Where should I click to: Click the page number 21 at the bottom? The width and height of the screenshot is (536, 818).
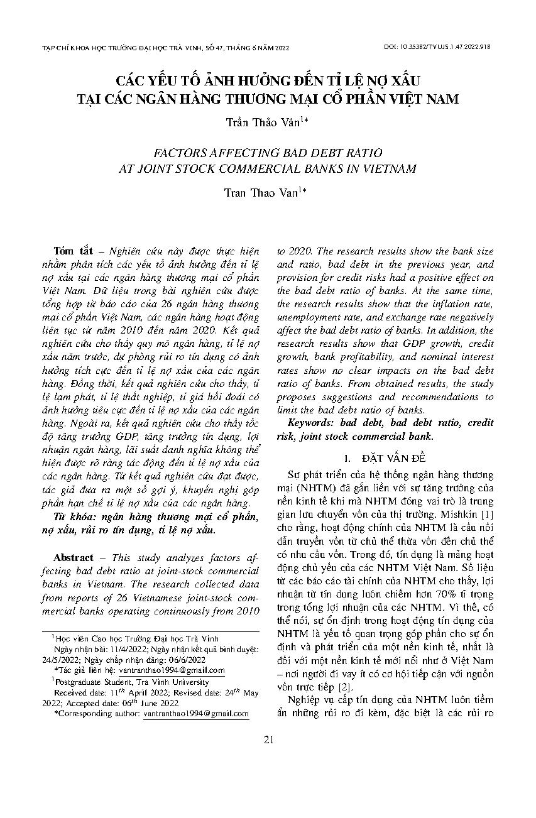click(x=268, y=739)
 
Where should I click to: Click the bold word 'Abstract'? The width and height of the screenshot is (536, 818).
click(x=74, y=558)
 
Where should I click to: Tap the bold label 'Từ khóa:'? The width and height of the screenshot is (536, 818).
click(x=75, y=516)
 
